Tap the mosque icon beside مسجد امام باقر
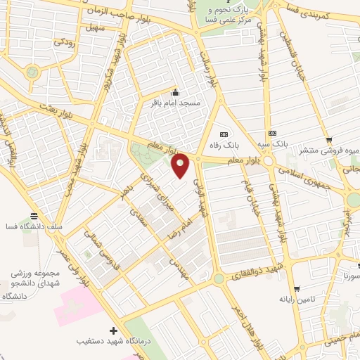(175, 93)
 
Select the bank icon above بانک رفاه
(224, 134)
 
